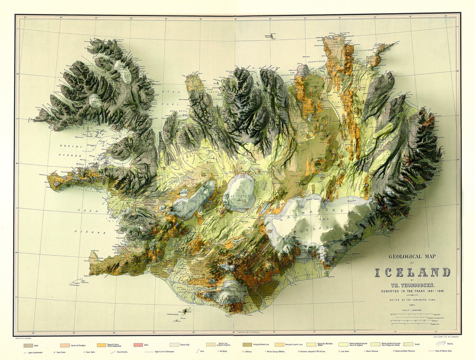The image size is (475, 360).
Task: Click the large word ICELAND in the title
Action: (x=412, y=272)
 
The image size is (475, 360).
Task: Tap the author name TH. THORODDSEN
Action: (x=412, y=285)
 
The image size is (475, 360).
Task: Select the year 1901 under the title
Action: (x=412, y=305)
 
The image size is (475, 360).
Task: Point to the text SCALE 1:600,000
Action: (x=412, y=310)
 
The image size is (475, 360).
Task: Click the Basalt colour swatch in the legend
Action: (x=28, y=345)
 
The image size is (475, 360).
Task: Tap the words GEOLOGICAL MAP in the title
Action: (x=412, y=256)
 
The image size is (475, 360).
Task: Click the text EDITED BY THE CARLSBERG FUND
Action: (x=412, y=300)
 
